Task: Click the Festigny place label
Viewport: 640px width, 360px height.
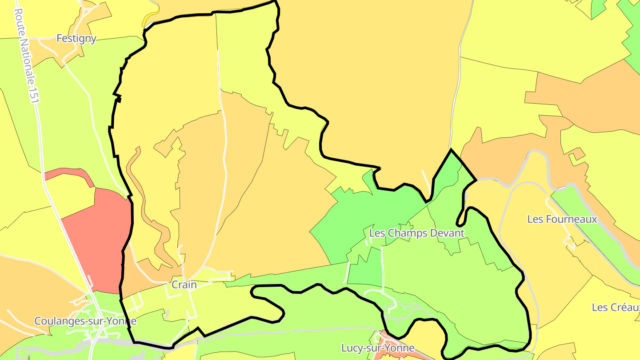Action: pos(76,39)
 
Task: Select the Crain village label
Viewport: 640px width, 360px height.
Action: pos(184,285)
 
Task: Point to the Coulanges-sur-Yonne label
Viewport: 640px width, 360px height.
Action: pos(85,321)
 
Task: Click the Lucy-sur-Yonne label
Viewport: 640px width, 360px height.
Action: pos(378,348)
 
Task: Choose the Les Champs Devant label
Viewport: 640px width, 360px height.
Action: pos(416,233)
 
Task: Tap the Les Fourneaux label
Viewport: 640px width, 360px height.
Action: pos(562,219)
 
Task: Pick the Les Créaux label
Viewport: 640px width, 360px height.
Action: pos(616,308)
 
